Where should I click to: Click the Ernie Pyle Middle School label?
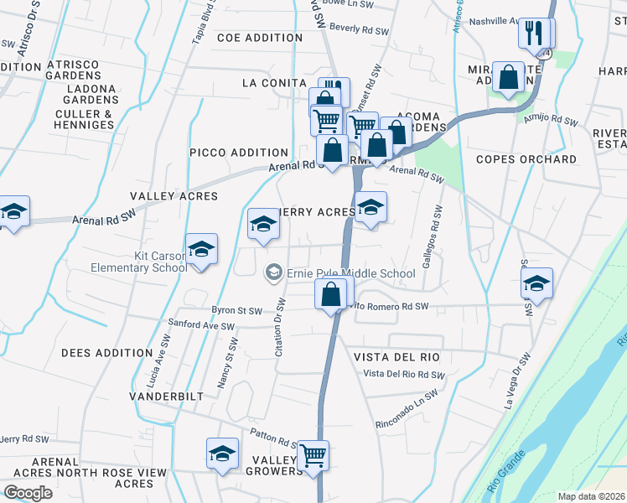(x=350, y=273)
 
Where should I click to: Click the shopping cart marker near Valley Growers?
(x=313, y=456)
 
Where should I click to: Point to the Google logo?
(x=28, y=492)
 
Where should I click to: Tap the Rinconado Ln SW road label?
(x=407, y=407)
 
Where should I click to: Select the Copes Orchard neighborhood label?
(x=526, y=159)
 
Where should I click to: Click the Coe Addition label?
(x=260, y=38)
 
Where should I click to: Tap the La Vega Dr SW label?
(x=513, y=381)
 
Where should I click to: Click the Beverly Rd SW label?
(x=360, y=29)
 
